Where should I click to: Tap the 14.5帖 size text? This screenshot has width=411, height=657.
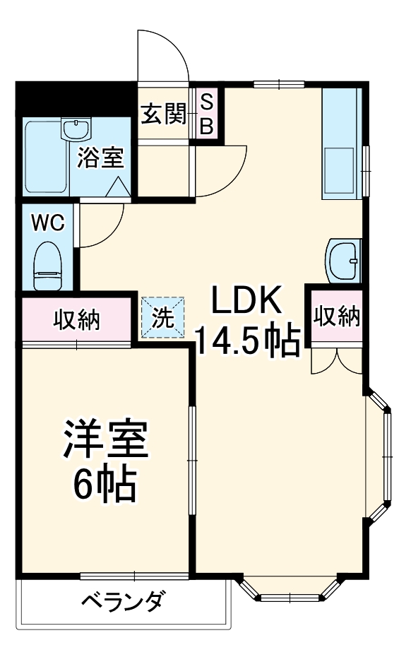[x=246, y=342]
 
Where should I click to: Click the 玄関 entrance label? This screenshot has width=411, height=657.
[x=163, y=114]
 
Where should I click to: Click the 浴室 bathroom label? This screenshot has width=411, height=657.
[x=101, y=157]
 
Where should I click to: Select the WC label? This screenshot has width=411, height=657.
[x=48, y=223]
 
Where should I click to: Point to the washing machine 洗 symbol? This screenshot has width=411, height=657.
[x=163, y=318]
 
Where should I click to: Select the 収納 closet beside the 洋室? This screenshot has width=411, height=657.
[x=77, y=319]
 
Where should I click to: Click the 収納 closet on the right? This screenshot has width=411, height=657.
[x=337, y=316]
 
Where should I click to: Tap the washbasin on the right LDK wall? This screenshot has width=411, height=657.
[x=344, y=259]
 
